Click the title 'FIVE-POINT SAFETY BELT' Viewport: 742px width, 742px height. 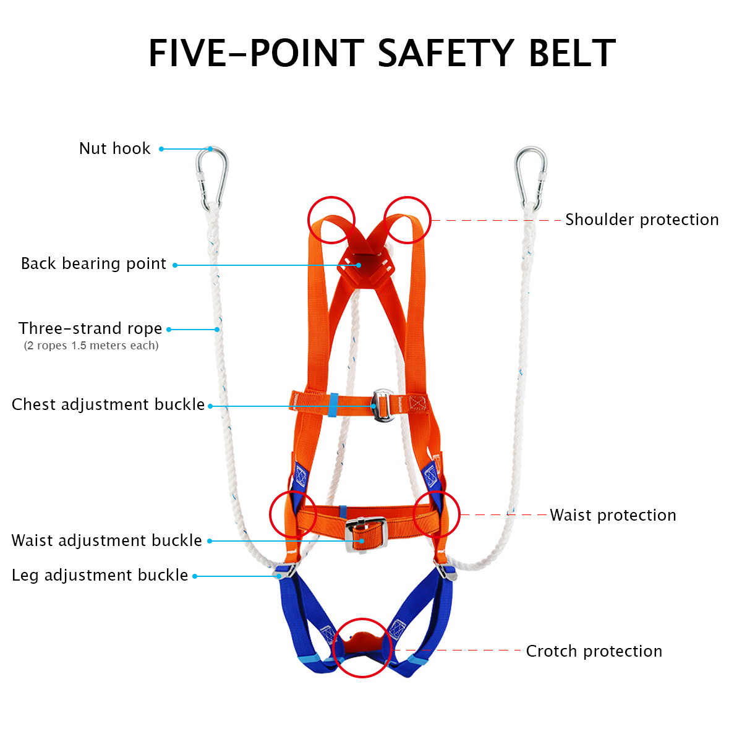click(382, 53)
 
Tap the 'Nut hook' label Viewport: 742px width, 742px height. click(115, 148)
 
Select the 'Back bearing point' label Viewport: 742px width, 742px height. click(93, 264)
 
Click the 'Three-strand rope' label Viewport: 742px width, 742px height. click(90, 328)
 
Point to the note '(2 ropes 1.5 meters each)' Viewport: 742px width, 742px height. click(91, 346)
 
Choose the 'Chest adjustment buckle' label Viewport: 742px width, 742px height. click(108, 404)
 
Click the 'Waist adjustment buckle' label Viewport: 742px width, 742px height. click(107, 540)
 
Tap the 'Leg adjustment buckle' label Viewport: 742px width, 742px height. click(100, 575)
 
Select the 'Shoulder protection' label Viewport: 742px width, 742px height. click(642, 220)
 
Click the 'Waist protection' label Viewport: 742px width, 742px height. click(613, 515)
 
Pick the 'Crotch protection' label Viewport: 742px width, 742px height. click(594, 651)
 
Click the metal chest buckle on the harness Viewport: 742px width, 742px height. click(383, 405)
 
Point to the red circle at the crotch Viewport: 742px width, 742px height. click(362, 647)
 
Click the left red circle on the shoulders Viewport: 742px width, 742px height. click(331, 220)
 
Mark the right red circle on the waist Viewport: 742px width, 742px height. click(437, 514)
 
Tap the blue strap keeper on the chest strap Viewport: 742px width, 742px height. click(333, 405)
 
